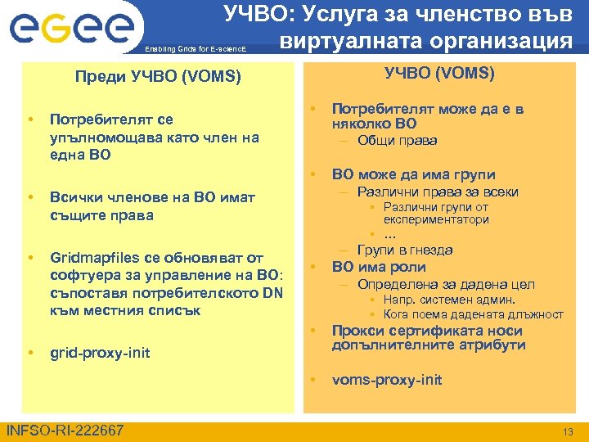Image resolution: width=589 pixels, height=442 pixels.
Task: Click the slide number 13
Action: (568, 431)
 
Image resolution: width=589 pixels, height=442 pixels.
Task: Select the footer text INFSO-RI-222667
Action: (65, 431)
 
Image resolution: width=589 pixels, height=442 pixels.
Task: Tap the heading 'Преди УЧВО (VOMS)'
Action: (157, 78)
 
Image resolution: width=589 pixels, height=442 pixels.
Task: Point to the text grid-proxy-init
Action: (100, 353)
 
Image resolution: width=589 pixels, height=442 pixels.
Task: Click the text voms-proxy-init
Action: (386, 380)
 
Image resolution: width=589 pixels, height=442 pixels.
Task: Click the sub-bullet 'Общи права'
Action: (397, 141)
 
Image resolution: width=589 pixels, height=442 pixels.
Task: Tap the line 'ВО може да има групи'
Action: (413, 174)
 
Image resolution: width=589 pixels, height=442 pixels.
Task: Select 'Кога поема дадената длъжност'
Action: (473, 313)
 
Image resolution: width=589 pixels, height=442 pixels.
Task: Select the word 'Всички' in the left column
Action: (74, 197)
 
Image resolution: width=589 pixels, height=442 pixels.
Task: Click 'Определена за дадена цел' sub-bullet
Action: (445, 284)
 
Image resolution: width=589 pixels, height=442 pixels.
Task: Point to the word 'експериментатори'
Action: (431, 220)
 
